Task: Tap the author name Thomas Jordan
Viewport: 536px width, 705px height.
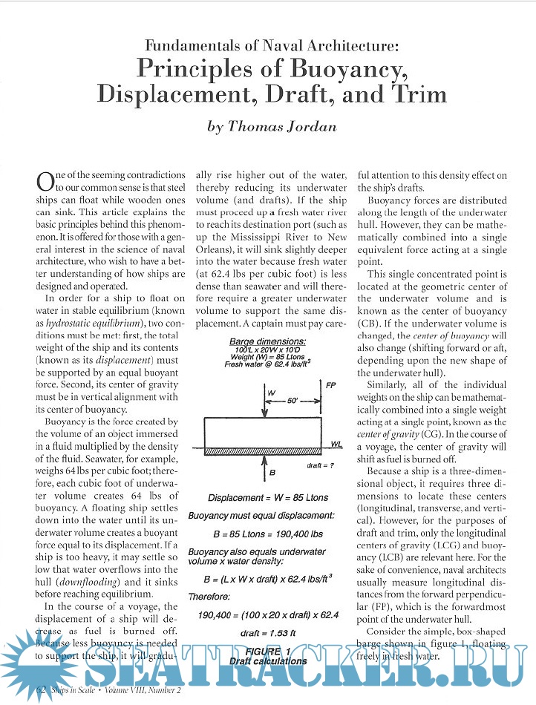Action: coord(272,126)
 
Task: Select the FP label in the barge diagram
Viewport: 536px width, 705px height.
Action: coord(330,385)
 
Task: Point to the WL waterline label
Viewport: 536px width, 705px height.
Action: coord(336,443)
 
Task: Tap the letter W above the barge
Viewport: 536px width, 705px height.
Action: coord(271,393)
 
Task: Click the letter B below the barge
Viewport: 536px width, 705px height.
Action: coord(272,470)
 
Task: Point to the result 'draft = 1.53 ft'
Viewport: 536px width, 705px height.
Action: coord(267,632)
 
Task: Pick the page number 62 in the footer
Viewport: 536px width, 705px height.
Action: coord(42,691)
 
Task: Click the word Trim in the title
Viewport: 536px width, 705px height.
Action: coord(420,94)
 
